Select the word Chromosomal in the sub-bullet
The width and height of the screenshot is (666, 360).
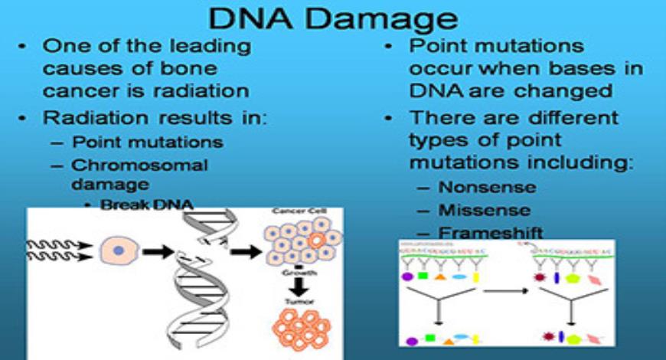(139, 165)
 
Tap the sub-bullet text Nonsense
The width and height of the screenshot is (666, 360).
(487, 187)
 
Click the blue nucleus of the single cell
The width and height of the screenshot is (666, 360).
(118, 250)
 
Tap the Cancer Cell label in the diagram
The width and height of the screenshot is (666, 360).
(299, 211)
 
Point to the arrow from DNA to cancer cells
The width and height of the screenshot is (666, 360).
(245, 250)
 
